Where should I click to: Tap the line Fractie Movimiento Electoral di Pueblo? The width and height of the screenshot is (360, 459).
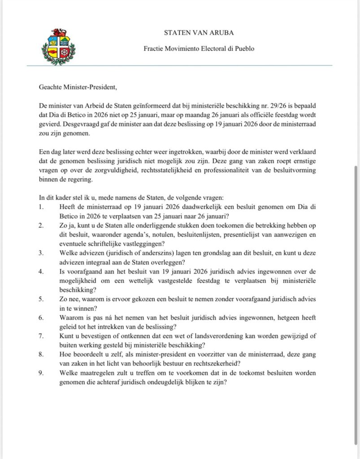(199, 48)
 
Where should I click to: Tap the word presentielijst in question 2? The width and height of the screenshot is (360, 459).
(249, 234)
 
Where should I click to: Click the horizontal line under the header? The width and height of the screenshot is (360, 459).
(179, 66)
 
